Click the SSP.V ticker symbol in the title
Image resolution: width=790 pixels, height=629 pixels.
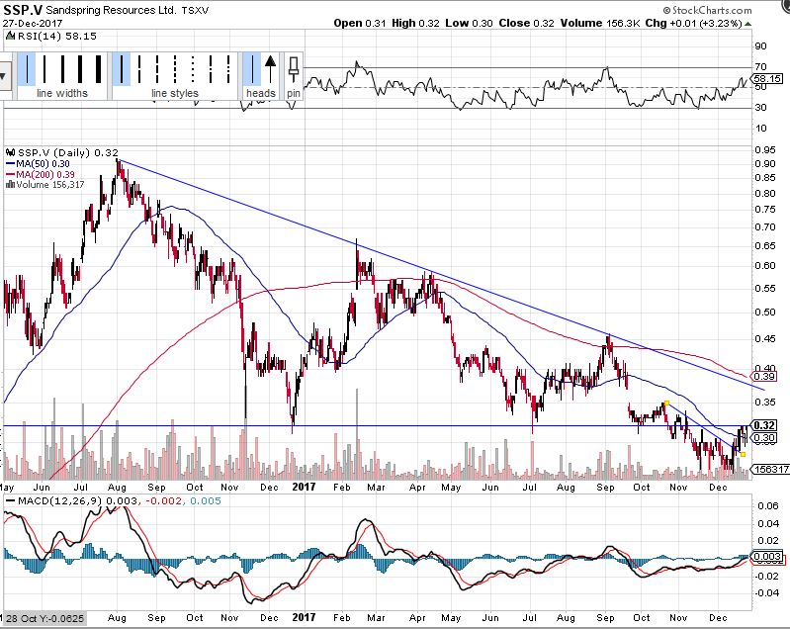(x=20, y=9)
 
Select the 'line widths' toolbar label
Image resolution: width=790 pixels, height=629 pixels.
(x=62, y=94)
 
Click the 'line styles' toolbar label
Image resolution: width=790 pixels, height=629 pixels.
(x=174, y=94)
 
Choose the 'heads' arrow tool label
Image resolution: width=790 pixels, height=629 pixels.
(x=261, y=94)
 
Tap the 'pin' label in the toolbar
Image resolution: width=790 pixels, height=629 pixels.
(x=294, y=94)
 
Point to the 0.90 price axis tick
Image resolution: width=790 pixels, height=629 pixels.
(x=762, y=164)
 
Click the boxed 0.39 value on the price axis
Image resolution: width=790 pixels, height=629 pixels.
(x=763, y=377)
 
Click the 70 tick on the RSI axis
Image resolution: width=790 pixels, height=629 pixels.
(x=760, y=66)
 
